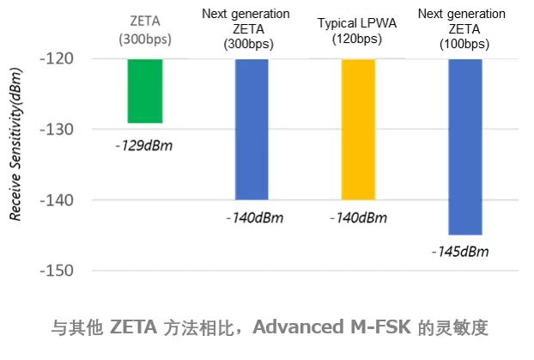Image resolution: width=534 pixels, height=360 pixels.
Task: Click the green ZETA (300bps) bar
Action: (x=145, y=91)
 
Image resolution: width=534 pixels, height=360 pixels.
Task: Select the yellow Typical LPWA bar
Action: (x=358, y=129)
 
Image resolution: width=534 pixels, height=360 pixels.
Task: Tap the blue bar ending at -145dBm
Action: (x=465, y=146)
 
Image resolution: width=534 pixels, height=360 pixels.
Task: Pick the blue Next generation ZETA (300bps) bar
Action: (x=252, y=129)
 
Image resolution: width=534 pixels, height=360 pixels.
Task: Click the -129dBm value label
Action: (x=143, y=145)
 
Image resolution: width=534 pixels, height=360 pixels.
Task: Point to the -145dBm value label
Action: (x=460, y=252)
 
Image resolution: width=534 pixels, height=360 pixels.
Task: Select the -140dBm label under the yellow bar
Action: (x=358, y=217)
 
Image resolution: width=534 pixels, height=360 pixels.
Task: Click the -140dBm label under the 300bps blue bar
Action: (x=253, y=217)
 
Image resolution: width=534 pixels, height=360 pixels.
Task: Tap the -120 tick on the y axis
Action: (x=57, y=58)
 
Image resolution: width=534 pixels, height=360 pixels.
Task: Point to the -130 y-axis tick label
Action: (x=57, y=129)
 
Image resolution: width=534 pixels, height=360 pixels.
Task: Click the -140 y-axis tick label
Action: (x=57, y=200)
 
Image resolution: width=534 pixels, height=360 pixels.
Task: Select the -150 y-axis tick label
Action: (x=57, y=271)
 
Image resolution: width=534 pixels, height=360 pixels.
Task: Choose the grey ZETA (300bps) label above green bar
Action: (x=145, y=28)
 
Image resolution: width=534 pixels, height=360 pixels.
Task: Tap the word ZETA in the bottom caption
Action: (x=134, y=327)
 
